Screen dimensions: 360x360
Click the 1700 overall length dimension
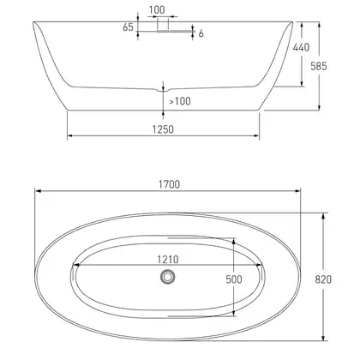(x=169, y=184)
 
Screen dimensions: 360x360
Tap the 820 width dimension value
(x=323, y=279)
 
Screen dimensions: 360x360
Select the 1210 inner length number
(x=168, y=260)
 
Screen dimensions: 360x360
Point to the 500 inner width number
(x=234, y=279)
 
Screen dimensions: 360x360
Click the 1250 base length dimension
(x=163, y=129)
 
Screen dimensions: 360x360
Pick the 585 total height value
(x=319, y=66)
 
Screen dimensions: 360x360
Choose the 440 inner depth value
(x=301, y=47)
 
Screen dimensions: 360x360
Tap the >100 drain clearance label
(x=180, y=101)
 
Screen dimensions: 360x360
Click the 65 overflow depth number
(x=128, y=27)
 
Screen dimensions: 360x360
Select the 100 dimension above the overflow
(x=157, y=10)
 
